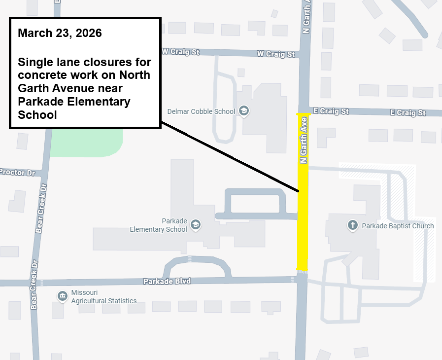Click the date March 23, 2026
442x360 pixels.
pos(60,34)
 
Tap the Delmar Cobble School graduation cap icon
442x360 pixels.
pos(243,111)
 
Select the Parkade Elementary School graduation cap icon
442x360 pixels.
pos(196,225)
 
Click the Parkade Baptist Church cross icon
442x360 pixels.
pos(353,226)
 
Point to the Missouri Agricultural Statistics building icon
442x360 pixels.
pos(63,296)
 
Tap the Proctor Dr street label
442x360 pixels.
pos(18,173)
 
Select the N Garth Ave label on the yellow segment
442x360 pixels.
pos(304,140)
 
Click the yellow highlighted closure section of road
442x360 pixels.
pos(303,222)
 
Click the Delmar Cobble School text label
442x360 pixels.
pos(201,111)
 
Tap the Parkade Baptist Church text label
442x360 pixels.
pos(398,226)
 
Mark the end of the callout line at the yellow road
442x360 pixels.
pos(299,191)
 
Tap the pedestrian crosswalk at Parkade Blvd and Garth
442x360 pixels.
pos(303,271)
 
